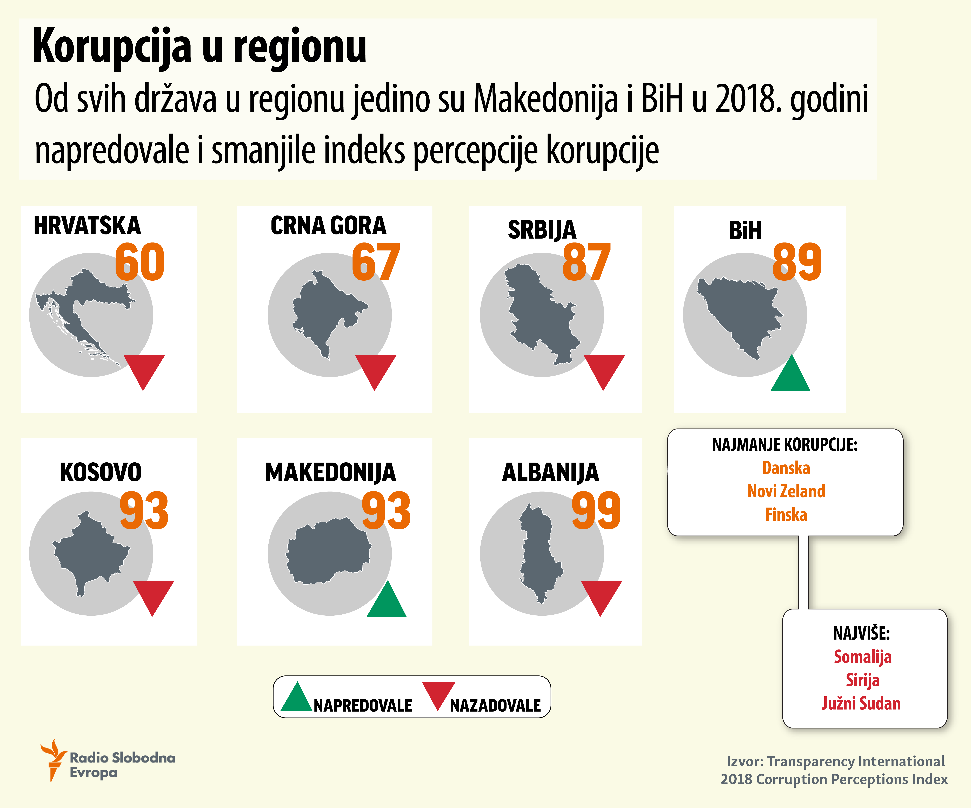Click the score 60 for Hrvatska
140,262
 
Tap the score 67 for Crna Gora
375,262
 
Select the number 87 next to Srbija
586,262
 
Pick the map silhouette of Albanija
539,553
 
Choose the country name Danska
786,468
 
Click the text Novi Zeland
786,491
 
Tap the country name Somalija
862,657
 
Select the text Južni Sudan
861,704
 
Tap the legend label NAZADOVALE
495,706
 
